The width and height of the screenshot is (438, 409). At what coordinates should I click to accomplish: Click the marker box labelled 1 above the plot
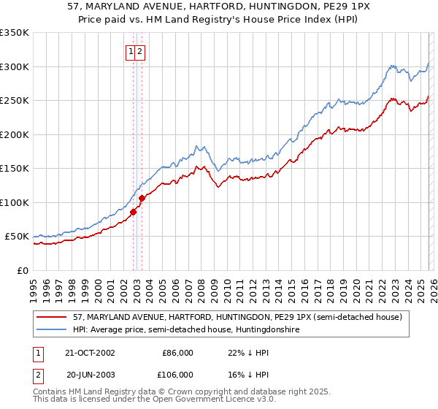click(x=131, y=52)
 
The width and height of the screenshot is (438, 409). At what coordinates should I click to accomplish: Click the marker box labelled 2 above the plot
click(x=139, y=52)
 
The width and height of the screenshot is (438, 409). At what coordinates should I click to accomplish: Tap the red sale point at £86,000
click(x=134, y=213)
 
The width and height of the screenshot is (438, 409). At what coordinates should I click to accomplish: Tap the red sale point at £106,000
click(x=142, y=198)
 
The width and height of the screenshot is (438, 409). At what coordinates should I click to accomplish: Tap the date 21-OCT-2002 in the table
click(x=91, y=353)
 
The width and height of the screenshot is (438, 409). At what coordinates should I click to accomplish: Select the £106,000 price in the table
click(x=177, y=375)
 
